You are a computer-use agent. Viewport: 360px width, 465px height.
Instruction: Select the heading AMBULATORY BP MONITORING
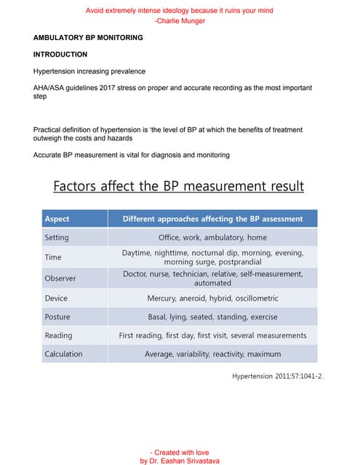pos(88,38)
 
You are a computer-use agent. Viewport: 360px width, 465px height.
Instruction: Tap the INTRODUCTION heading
pos(60,54)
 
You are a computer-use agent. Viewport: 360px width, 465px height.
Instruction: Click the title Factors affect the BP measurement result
pos(179,187)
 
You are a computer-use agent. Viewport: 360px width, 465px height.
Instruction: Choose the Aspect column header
pos(57,218)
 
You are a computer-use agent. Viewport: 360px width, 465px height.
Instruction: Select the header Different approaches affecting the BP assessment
pos(212,218)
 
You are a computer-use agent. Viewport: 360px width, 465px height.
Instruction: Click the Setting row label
pos(57,238)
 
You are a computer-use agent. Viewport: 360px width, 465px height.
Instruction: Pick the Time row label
pos(53,257)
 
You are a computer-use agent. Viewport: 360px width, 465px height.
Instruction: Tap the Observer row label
pos(60,278)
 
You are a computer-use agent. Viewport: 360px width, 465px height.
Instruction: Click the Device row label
pos(56,298)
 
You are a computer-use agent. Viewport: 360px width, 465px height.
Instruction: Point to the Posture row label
pos(57,317)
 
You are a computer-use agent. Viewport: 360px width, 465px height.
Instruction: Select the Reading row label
pos(58,336)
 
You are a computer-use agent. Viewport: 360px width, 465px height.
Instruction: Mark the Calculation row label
pos(63,354)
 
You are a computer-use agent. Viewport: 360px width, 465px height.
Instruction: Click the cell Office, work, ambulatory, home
pos(212,238)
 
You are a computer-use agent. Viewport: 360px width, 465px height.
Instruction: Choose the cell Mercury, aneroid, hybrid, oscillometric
pos(212,298)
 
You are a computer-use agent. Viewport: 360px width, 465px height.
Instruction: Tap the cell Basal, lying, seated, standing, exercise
pos(212,317)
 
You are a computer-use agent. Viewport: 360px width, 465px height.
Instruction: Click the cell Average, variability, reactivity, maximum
pos(212,354)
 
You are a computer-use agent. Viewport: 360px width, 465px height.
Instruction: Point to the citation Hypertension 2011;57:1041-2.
pos(277,376)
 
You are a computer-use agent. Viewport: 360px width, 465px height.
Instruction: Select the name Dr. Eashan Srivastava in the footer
pos(184,461)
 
